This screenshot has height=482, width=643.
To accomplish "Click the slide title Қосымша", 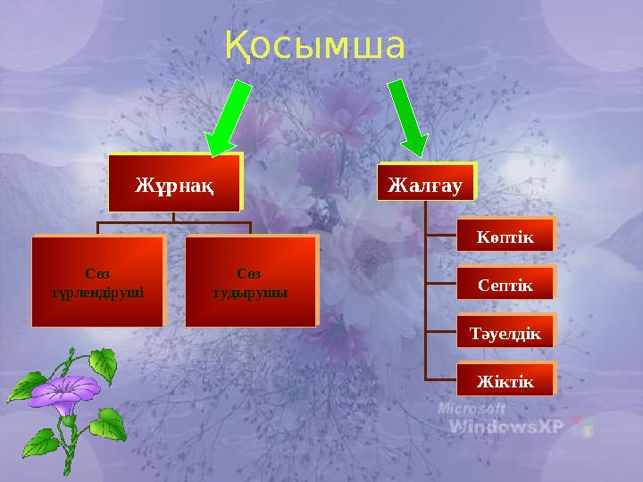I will click(x=315, y=46).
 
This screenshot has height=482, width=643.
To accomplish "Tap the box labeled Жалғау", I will click(x=425, y=184).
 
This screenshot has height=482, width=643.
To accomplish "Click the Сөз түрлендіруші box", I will click(x=98, y=280).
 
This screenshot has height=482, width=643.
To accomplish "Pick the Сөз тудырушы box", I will click(x=250, y=280).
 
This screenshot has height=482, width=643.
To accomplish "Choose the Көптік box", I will click(x=505, y=237).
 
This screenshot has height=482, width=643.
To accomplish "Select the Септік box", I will click(x=505, y=286).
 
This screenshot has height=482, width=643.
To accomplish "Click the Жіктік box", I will click(x=505, y=382).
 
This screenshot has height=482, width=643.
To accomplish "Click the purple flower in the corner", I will click(x=71, y=393).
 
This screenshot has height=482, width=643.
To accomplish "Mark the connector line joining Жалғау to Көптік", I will click(x=441, y=237).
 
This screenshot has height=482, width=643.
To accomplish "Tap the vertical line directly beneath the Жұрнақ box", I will click(x=175, y=217).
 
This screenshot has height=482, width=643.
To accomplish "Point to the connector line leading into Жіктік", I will click(x=441, y=380).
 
